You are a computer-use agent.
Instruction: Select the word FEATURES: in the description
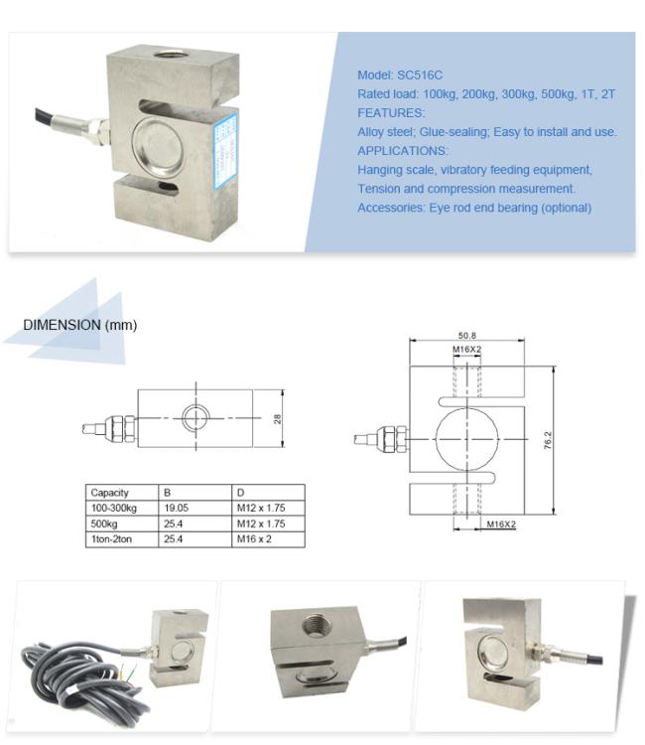tap(390, 113)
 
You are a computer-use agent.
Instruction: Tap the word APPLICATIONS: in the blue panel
tap(402, 151)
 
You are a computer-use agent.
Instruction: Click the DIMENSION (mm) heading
tap(80, 325)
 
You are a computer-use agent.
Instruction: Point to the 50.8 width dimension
tap(467, 336)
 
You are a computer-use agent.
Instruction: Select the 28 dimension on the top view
tap(278, 419)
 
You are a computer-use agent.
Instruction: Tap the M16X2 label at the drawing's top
tap(467, 351)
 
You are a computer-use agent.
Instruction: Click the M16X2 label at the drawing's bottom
tap(501, 523)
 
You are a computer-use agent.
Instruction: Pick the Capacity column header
tap(109, 493)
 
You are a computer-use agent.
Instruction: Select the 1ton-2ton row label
tap(113, 538)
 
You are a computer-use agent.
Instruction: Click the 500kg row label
tap(104, 523)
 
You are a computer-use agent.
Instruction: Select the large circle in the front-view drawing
tap(468, 439)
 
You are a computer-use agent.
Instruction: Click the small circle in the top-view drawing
tap(194, 418)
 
